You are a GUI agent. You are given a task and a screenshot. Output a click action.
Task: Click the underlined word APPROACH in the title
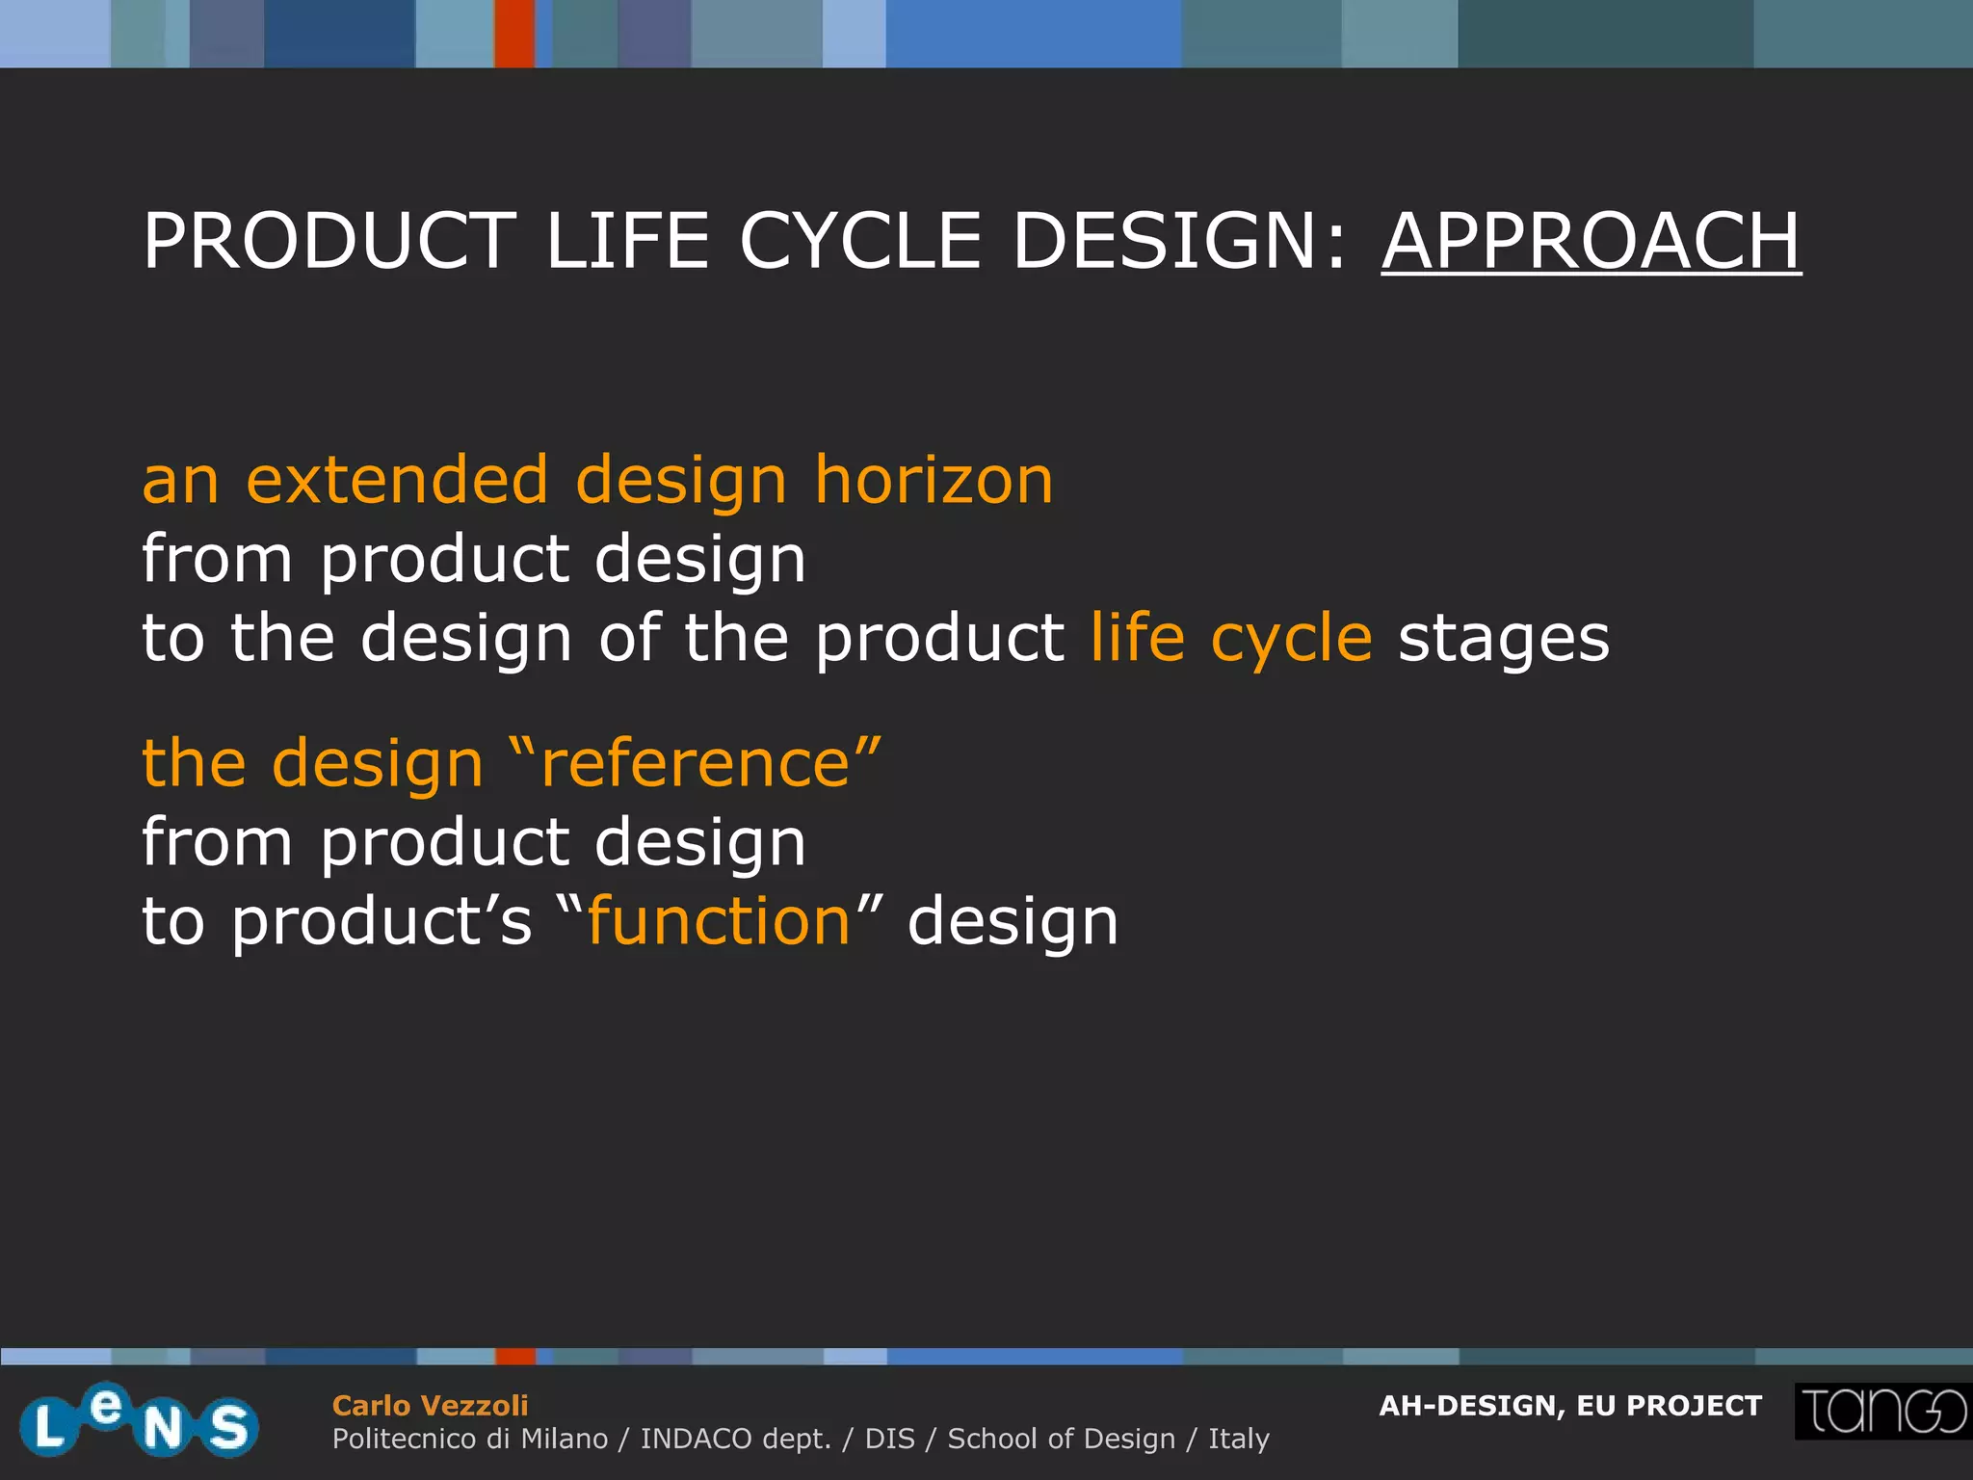(1591, 241)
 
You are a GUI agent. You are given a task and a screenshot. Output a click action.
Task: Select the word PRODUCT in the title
(329, 241)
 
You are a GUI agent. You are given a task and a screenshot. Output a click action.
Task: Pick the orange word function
(719, 921)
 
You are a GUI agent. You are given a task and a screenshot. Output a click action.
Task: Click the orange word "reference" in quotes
(696, 763)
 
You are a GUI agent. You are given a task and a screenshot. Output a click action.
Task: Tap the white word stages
(1504, 639)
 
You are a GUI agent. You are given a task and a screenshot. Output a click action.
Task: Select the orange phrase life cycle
(1231, 639)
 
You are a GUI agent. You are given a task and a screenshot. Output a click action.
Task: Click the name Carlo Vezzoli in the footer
(430, 1406)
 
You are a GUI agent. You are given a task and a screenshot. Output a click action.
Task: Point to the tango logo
(1882, 1412)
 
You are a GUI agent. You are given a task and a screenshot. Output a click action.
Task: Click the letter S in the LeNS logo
(228, 1427)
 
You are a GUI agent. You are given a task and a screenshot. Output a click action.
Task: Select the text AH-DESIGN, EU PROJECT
(1570, 1406)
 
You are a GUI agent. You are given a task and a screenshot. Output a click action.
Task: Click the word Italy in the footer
(1239, 1439)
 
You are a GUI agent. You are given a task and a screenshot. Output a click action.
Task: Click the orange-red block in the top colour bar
(514, 34)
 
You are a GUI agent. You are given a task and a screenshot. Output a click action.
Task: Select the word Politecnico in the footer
(404, 1439)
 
